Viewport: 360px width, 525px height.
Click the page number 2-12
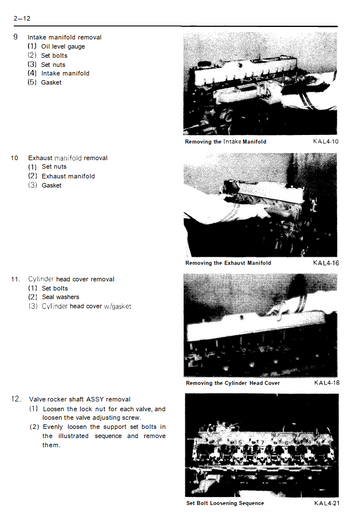point(22,18)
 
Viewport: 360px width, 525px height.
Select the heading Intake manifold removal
point(64,37)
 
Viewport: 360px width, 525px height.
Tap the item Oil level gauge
point(63,47)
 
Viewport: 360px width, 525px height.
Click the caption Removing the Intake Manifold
point(225,142)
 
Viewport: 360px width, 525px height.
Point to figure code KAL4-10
point(326,141)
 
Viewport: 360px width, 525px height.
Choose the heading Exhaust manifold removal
point(68,158)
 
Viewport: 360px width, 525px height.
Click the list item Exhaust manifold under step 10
point(68,176)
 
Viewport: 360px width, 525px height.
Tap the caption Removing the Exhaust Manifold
point(228,263)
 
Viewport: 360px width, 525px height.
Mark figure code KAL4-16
point(326,263)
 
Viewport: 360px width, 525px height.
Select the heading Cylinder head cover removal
point(71,279)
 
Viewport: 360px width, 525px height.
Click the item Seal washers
point(60,297)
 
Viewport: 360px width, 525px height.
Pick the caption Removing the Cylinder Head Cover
point(233,383)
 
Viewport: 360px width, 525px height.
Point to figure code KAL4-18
point(327,383)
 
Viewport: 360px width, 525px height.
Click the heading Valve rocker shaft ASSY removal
point(80,399)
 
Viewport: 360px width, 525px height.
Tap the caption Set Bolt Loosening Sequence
point(225,503)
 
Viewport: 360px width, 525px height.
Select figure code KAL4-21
point(327,503)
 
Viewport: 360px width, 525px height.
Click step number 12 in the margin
point(16,399)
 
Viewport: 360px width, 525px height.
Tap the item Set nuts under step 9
point(53,65)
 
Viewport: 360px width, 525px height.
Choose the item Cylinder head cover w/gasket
point(86,306)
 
